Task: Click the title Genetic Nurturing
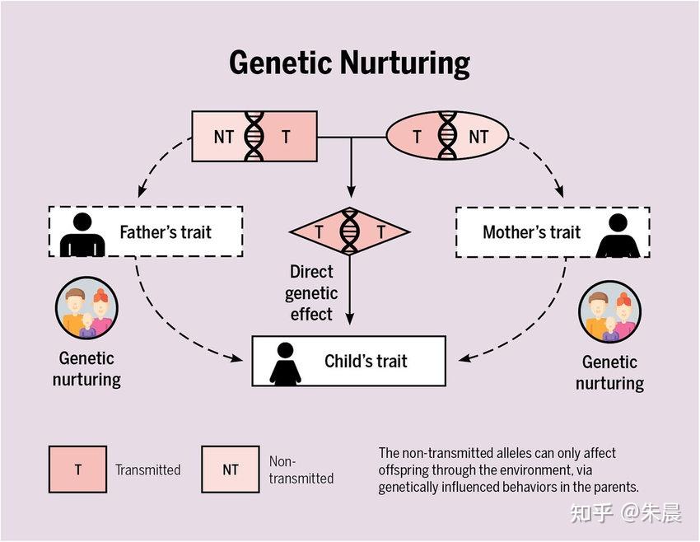[349, 63]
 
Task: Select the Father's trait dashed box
[146, 232]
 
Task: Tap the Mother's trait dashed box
[552, 232]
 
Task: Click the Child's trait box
[348, 361]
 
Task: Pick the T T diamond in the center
[350, 232]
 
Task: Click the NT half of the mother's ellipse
[479, 137]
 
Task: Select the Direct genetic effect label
[311, 292]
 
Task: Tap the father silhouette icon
[82, 234]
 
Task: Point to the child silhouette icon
[285, 363]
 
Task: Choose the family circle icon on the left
[86, 310]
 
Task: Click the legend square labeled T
[77, 470]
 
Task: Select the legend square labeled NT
[230, 470]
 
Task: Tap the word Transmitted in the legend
[147, 470]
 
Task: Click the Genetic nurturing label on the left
[86, 369]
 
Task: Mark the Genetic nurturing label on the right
[609, 372]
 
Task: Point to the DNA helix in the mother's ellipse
[447, 136]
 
